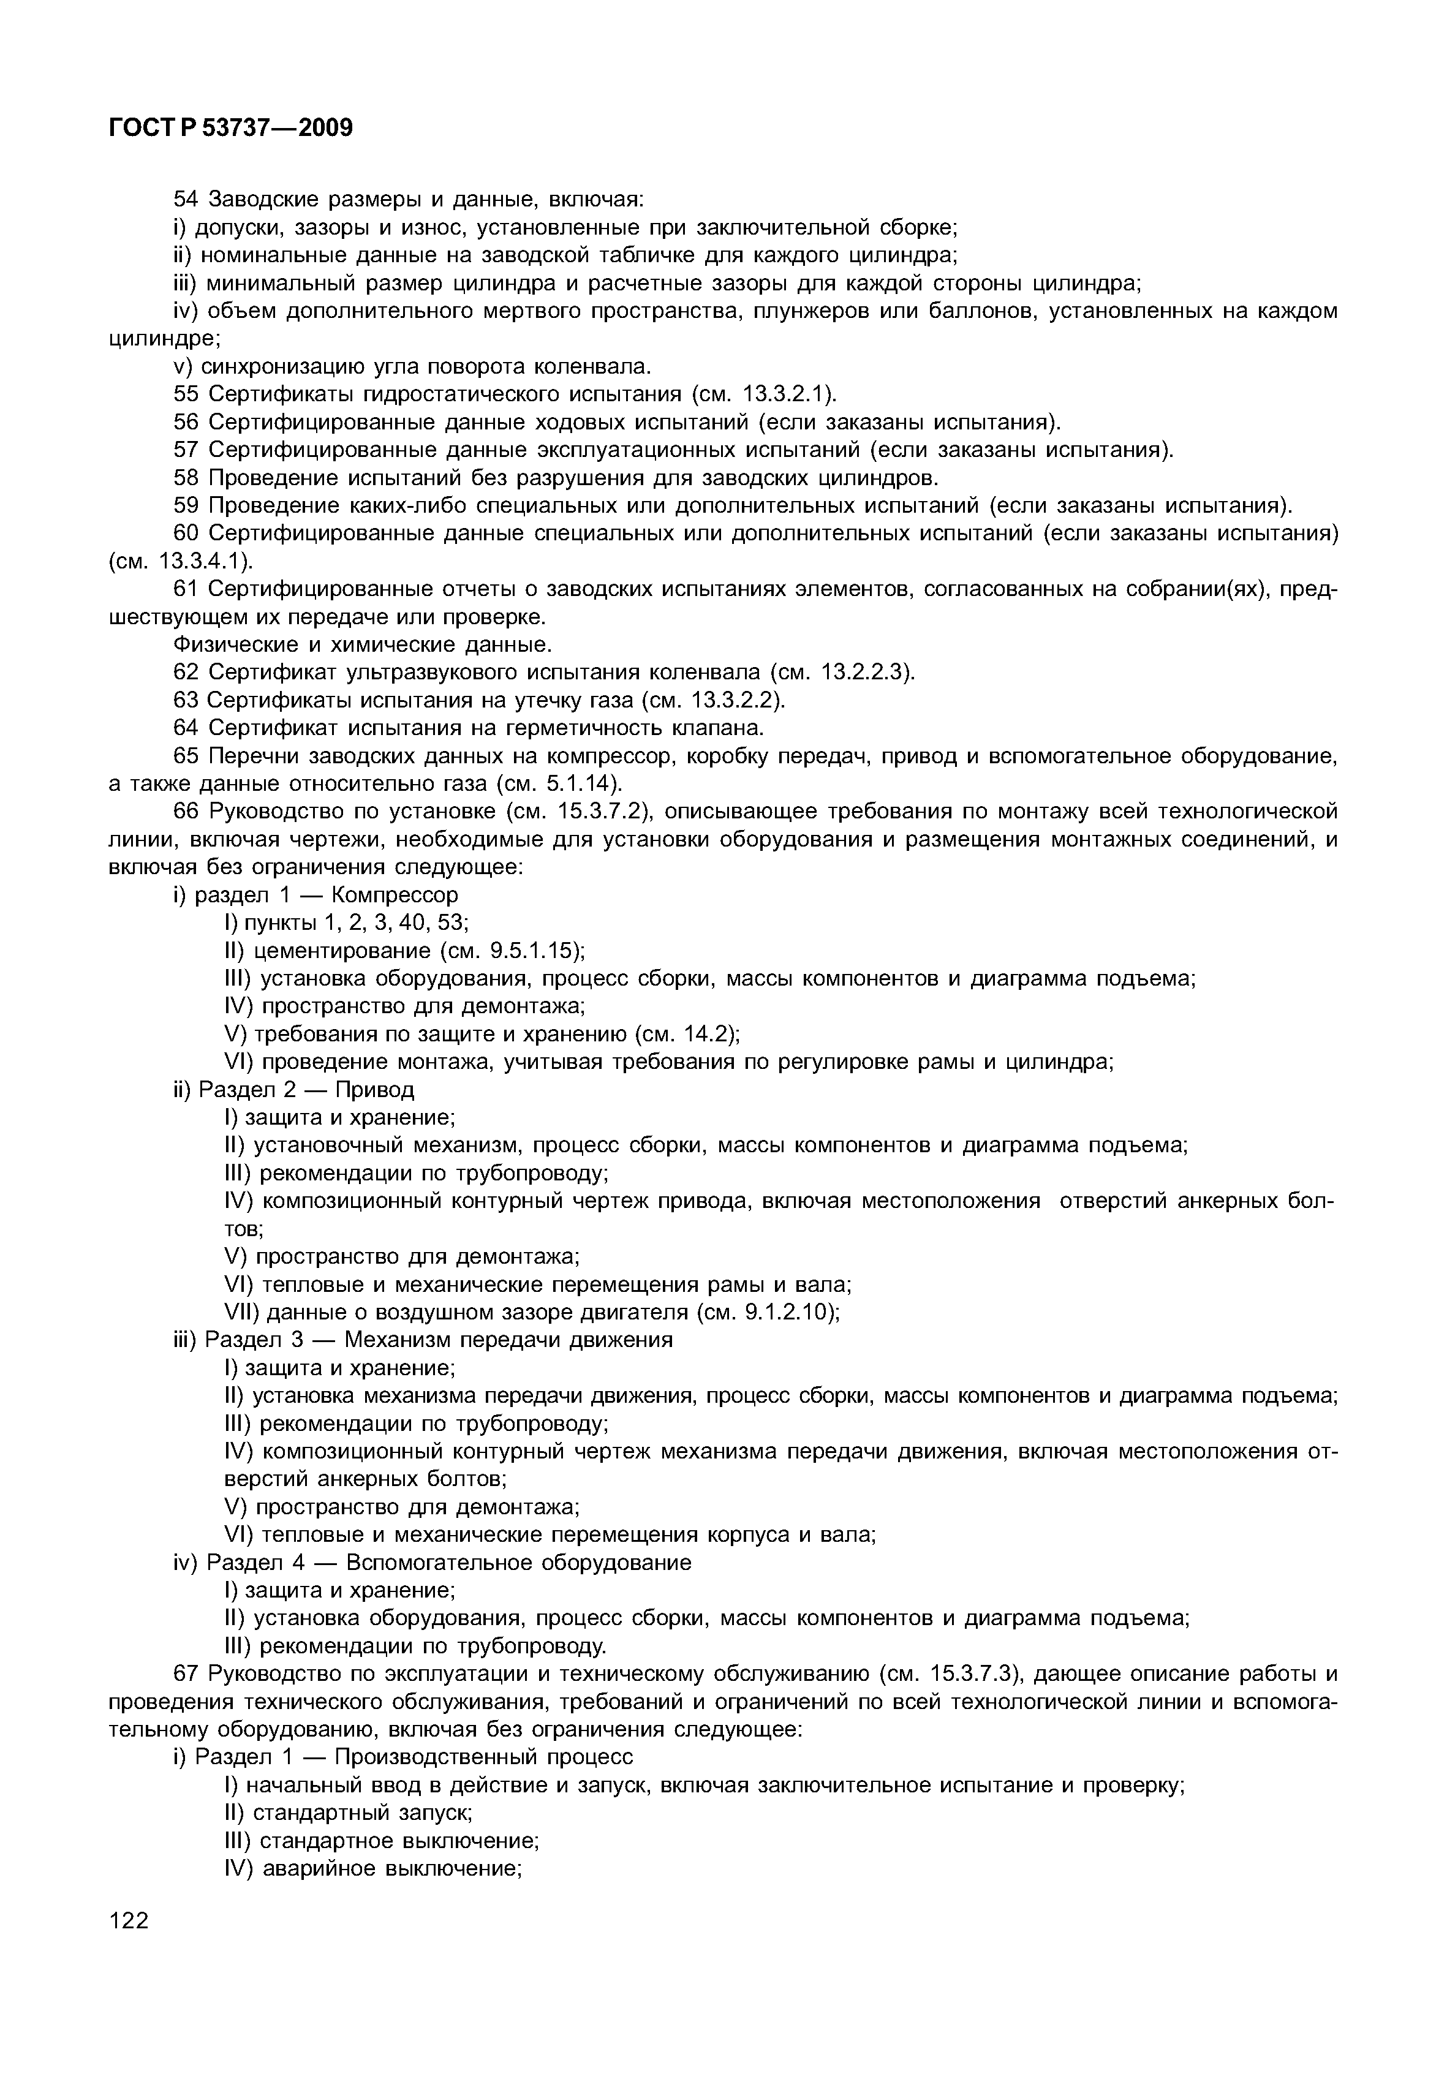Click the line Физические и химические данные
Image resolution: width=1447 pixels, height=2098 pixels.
tap(361, 644)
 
